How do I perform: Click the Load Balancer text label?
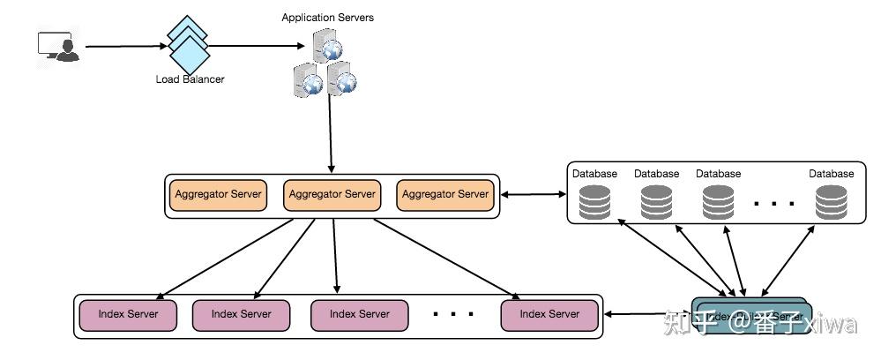coord(190,79)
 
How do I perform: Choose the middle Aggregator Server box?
coord(332,194)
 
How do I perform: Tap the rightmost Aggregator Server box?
coord(445,194)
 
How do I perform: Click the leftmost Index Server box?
coord(128,314)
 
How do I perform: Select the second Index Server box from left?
coord(241,314)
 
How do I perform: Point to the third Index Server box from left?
coord(360,314)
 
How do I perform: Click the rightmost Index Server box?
coord(549,314)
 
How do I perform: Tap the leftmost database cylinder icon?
coord(594,203)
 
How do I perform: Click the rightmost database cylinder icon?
coord(832,203)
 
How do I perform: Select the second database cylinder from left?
coord(656,203)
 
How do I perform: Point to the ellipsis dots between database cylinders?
coord(775,204)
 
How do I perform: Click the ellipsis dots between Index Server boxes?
coord(455,313)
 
